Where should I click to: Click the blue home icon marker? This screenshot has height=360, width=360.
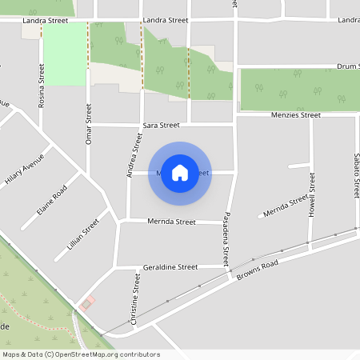click(x=180, y=172)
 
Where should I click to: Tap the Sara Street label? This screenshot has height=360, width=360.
click(x=161, y=126)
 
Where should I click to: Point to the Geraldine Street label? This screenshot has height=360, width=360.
click(x=170, y=266)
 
